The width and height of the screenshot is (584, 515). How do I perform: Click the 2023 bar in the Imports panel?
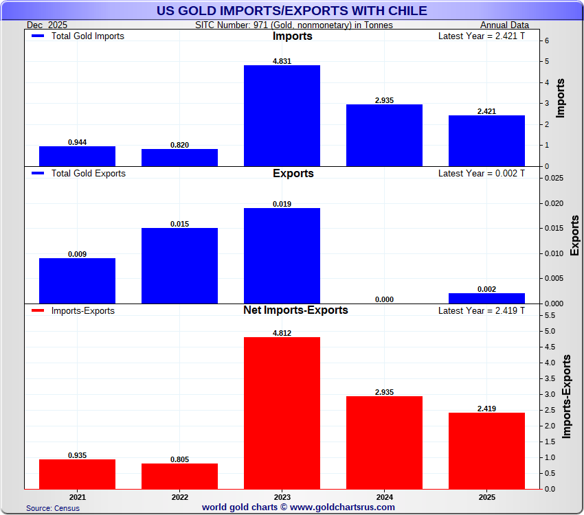[x=282, y=115]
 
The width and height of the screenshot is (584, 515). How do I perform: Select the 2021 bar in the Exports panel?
[x=77, y=281]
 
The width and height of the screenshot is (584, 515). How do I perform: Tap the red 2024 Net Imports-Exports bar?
[x=384, y=442]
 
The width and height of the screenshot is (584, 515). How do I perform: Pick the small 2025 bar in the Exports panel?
[x=486, y=298]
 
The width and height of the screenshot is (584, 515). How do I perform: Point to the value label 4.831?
[x=282, y=60]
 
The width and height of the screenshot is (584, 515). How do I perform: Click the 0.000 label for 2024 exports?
[x=384, y=299]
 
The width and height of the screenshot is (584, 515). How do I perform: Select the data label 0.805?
[x=179, y=459]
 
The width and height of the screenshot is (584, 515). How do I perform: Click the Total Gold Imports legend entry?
[x=78, y=36]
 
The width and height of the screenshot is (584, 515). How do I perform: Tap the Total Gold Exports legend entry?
[x=79, y=174]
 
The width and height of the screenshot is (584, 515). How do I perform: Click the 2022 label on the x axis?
[x=179, y=496]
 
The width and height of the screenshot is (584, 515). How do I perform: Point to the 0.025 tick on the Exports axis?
[x=554, y=178]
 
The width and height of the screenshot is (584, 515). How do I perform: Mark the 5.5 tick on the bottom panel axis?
[x=550, y=315]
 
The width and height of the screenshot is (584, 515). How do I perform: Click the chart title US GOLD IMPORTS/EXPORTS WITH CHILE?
[x=292, y=10]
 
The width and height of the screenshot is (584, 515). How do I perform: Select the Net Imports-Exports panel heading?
[x=295, y=310]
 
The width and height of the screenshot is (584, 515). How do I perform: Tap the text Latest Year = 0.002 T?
[x=481, y=174]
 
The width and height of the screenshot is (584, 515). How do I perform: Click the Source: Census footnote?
[x=53, y=508]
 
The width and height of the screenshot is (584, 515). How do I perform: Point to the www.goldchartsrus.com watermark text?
[x=298, y=507]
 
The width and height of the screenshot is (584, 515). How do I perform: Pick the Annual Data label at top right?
[x=504, y=25]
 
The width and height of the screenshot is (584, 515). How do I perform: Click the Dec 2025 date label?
[x=48, y=25]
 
